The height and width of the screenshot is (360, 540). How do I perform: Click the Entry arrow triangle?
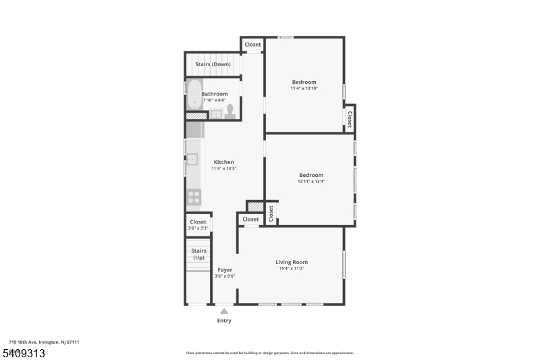(x=224, y=311)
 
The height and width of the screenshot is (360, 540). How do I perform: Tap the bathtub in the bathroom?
(x=194, y=95)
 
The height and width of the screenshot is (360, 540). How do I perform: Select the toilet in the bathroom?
(x=230, y=111)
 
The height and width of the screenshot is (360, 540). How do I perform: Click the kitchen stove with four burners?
(x=194, y=197)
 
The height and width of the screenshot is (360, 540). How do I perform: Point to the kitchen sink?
(x=192, y=159)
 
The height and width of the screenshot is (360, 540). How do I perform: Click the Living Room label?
(x=292, y=262)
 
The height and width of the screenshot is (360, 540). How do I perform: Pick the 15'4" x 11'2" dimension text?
(x=292, y=269)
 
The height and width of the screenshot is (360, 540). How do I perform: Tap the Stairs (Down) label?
(x=213, y=64)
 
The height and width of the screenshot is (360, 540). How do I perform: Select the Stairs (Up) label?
(x=198, y=254)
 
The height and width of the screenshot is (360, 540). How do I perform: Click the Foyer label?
(x=225, y=270)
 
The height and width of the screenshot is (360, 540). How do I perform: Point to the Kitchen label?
(x=224, y=162)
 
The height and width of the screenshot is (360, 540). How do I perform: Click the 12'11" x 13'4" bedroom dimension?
(x=311, y=182)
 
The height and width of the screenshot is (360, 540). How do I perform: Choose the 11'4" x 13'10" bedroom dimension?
(x=304, y=88)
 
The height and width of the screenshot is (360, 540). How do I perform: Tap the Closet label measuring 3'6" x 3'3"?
(x=198, y=222)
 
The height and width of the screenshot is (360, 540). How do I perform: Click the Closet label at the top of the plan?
(x=252, y=45)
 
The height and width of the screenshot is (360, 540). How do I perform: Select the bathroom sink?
(x=216, y=114)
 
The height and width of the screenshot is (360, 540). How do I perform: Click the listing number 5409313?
(x=24, y=353)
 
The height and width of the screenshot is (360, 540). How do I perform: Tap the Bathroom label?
(x=215, y=94)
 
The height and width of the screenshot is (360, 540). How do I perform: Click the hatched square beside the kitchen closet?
(x=256, y=207)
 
